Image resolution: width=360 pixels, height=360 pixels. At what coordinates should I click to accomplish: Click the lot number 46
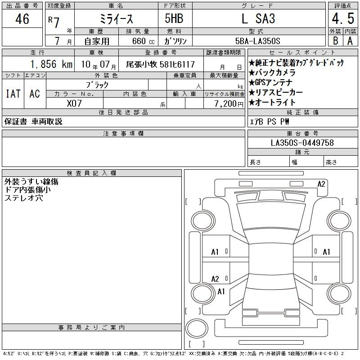click(x=22, y=18)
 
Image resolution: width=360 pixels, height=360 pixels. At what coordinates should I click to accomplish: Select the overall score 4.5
click(x=343, y=18)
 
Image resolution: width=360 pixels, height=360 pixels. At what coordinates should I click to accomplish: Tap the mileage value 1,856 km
click(x=51, y=64)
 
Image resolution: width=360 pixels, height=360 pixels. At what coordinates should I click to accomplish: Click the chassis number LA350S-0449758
click(x=302, y=143)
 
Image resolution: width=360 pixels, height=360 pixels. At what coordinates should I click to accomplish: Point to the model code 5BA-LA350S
click(x=257, y=41)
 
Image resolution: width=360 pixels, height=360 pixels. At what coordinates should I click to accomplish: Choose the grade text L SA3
click(x=258, y=18)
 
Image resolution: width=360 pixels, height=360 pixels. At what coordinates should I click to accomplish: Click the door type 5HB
click(x=174, y=18)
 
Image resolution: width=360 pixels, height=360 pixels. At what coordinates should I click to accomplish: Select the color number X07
click(x=74, y=103)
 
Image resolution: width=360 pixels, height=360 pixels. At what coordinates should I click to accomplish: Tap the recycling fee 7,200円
click(x=229, y=104)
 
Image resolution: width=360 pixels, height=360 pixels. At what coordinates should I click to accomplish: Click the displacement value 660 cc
click(x=143, y=41)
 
